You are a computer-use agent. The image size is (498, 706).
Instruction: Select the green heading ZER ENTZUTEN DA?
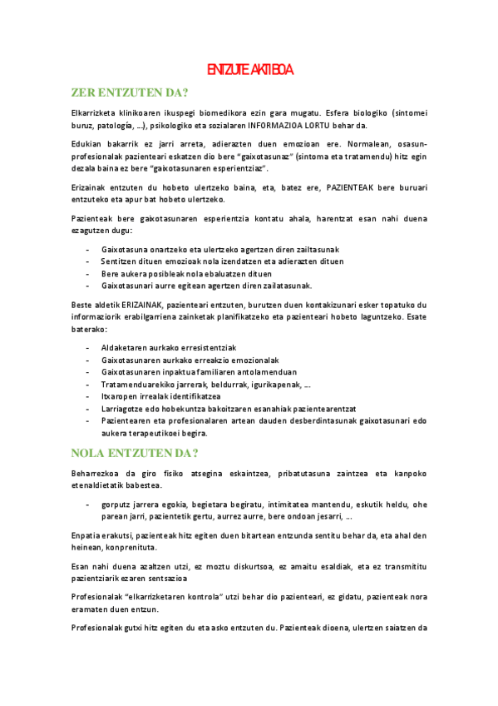click(129, 92)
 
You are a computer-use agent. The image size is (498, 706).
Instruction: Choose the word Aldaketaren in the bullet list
click(125, 347)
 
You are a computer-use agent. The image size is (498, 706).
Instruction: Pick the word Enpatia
click(87, 534)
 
